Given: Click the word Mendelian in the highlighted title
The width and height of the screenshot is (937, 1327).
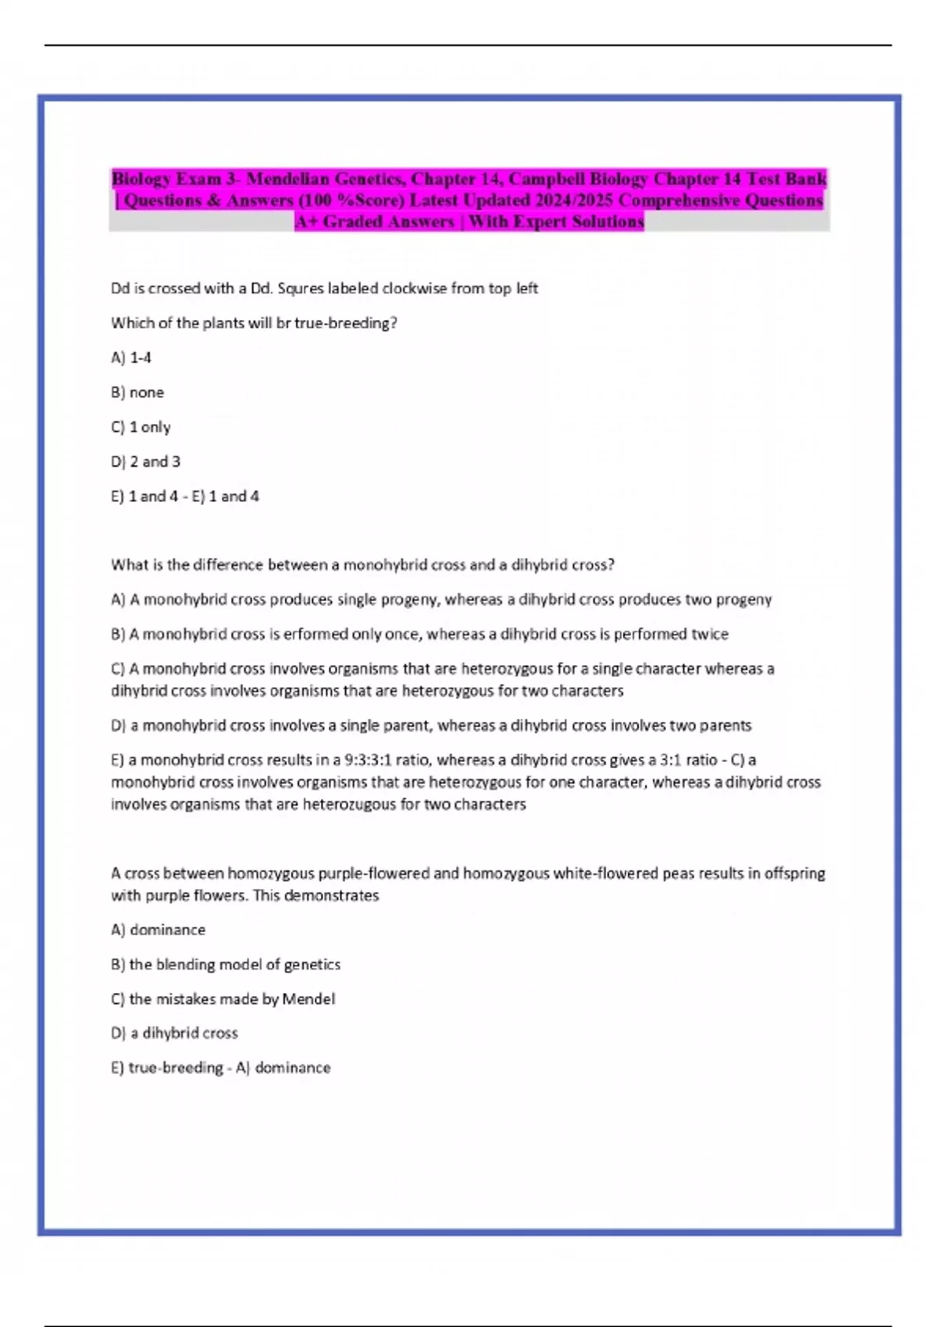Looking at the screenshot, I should [x=287, y=179].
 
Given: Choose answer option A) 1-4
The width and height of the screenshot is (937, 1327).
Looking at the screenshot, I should [x=131, y=358].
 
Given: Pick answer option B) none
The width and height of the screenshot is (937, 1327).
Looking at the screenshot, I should [x=137, y=392].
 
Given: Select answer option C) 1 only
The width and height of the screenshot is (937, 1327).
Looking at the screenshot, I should [x=141, y=427].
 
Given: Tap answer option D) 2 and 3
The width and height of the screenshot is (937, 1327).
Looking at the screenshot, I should [x=145, y=461].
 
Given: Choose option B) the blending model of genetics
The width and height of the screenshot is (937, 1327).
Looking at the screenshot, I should [x=226, y=964].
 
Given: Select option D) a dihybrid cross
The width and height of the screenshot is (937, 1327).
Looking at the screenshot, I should [x=174, y=1033].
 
